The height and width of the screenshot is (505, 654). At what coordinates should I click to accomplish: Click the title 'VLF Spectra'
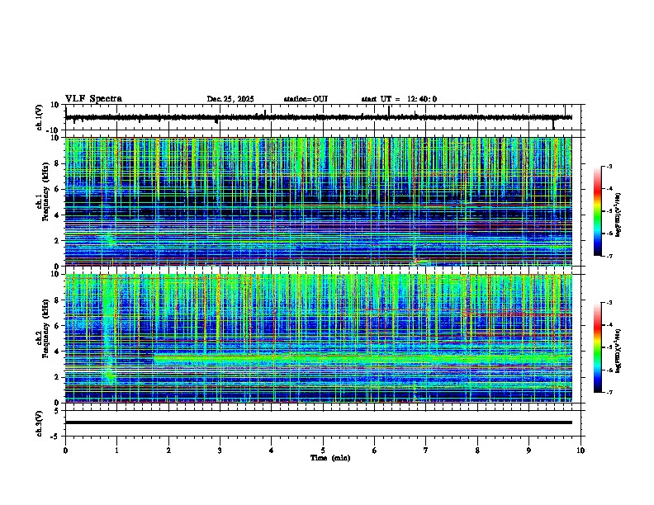pos(93,99)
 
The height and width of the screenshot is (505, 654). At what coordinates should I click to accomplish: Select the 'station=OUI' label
pos(306,100)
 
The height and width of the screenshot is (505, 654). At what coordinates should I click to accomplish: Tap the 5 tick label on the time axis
pos(323,450)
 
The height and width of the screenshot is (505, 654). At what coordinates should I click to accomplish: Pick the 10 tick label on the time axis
pos(581,450)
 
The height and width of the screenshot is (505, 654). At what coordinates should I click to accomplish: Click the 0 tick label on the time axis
pos(65,450)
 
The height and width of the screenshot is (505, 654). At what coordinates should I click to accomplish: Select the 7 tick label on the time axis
pos(426,450)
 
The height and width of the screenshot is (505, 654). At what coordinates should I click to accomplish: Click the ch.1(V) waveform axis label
pos(40,118)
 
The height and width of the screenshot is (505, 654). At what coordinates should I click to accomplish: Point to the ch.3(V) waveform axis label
pos(40,422)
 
